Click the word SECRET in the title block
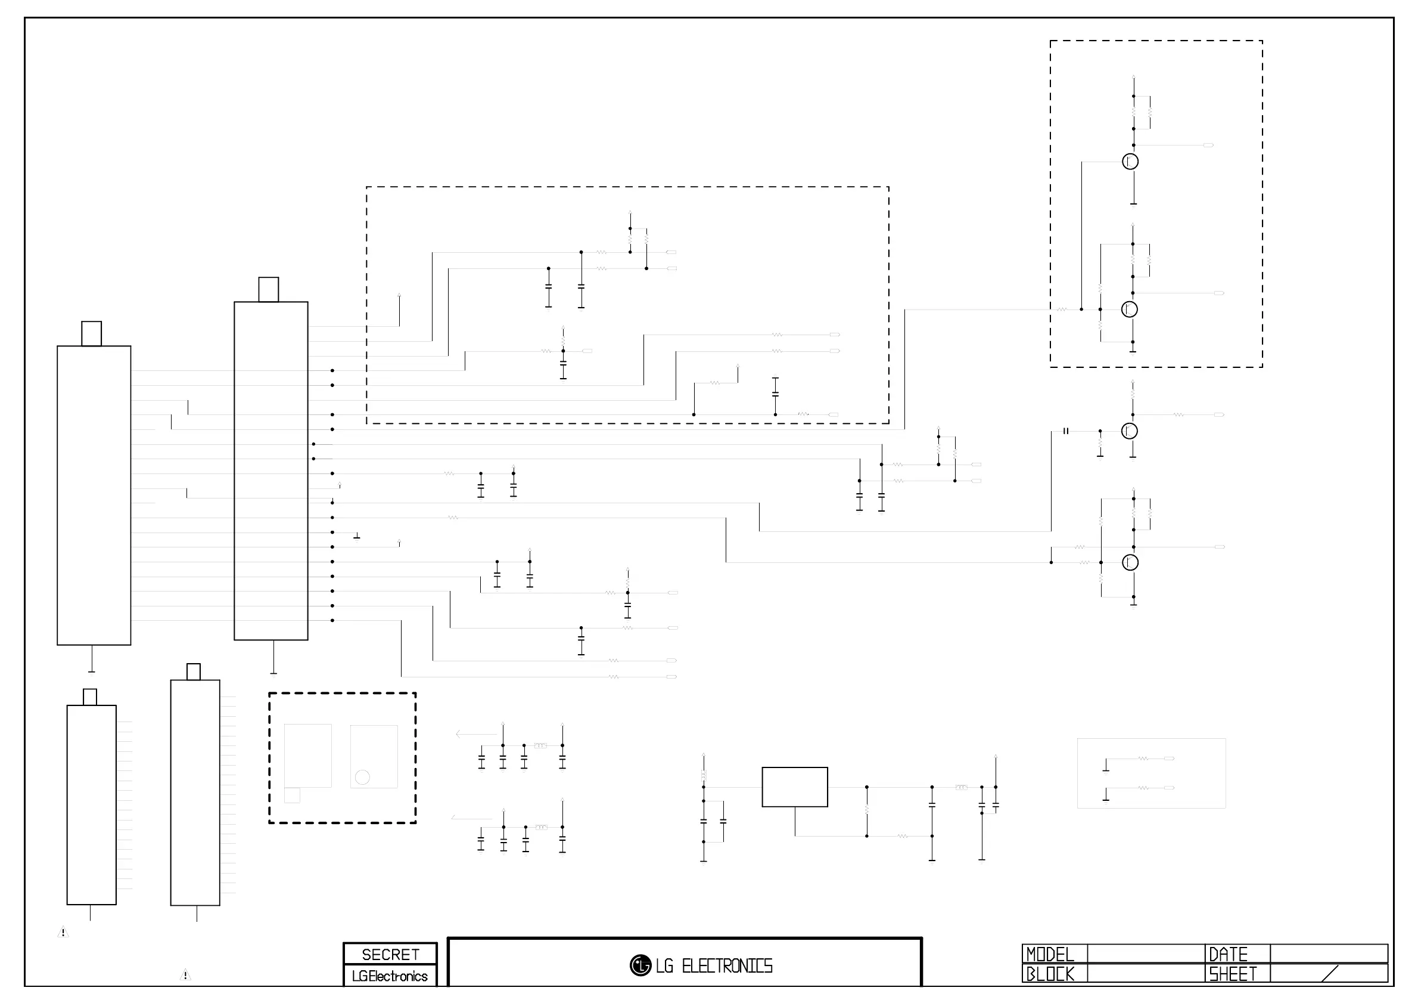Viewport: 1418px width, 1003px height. [x=390, y=955]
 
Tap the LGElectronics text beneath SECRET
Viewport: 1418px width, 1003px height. [x=390, y=976]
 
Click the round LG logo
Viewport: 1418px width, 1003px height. [x=640, y=965]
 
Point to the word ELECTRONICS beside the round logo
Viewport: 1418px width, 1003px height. [x=727, y=966]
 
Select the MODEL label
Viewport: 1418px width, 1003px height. [x=1050, y=955]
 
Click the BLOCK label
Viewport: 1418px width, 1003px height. [x=1050, y=974]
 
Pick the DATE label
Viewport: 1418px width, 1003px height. [x=1229, y=955]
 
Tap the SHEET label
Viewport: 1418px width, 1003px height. [x=1233, y=974]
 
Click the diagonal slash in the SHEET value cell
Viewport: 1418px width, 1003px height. [x=1330, y=973]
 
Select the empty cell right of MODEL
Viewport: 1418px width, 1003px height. [x=1146, y=954]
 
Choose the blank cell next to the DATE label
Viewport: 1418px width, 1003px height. [x=1329, y=954]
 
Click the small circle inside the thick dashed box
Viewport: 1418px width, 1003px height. [x=362, y=778]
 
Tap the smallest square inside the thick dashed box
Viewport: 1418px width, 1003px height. [x=292, y=795]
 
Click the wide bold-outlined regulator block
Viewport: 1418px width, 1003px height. [x=795, y=787]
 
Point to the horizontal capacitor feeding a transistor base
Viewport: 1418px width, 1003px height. [x=1066, y=431]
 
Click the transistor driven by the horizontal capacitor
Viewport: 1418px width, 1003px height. [x=1130, y=431]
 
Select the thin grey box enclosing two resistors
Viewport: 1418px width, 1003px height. [x=1151, y=773]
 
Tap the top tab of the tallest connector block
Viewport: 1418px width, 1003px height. [x=268, y=289]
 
